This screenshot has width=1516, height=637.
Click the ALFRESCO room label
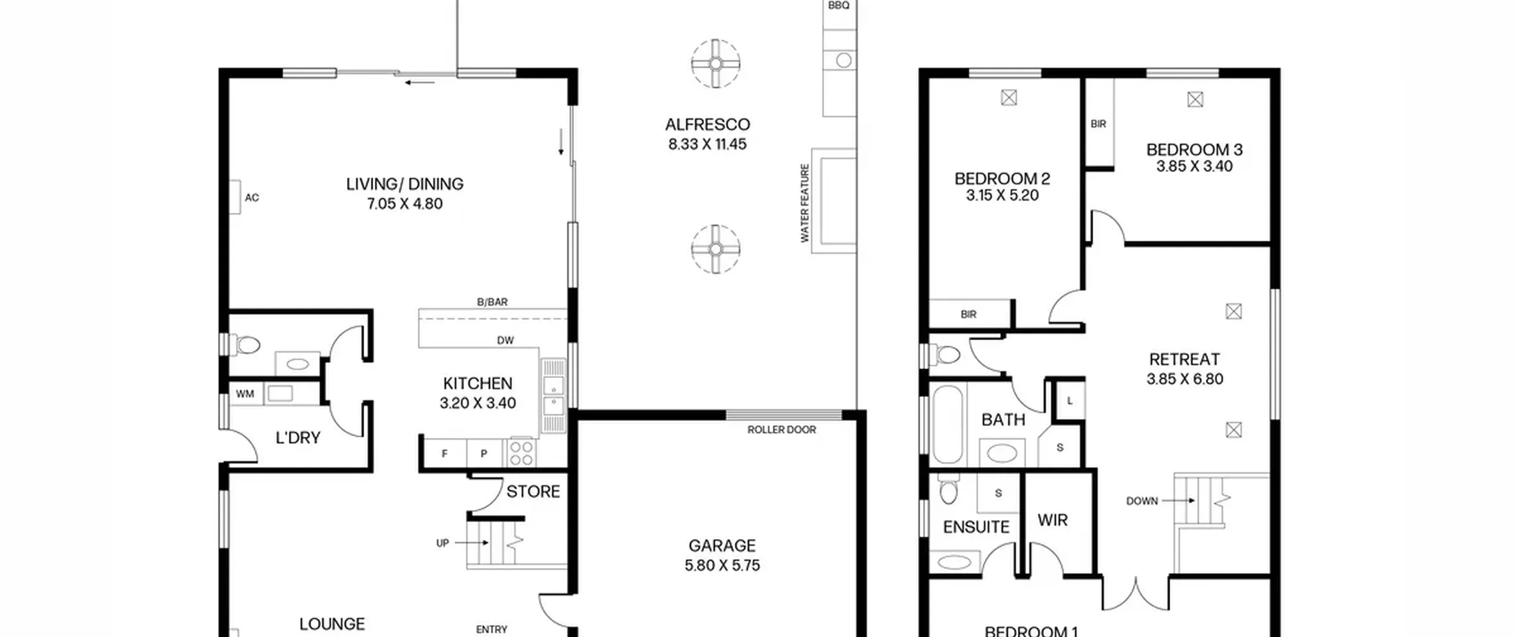point(708,124)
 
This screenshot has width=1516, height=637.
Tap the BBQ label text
point(839,5)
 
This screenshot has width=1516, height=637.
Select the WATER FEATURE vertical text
point(805,203)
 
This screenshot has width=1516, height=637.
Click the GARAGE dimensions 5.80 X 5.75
point(722,565)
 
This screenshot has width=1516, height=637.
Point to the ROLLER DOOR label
point(782,430)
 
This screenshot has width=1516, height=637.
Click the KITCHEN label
point(478,383)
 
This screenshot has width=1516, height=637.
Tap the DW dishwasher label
point(505,340)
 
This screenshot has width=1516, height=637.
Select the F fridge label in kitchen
point(445,454)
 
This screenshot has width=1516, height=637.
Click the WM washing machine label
point(245,394)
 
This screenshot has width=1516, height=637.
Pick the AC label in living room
point(252,198)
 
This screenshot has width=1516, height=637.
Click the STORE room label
point(533,492)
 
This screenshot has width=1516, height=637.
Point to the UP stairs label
point(442,543)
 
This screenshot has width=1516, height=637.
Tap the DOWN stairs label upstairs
point(1142,501)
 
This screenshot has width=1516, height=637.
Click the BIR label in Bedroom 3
point(1099,124)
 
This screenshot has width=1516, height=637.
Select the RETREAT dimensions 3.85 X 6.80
point(1185,379)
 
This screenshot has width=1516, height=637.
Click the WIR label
point(1052,520)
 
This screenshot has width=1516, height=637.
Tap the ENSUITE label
point(976,527)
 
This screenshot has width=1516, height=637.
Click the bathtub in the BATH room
point(947,424)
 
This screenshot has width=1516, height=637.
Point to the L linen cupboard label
point(1069,401)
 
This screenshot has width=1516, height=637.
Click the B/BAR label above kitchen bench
point(492,302)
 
